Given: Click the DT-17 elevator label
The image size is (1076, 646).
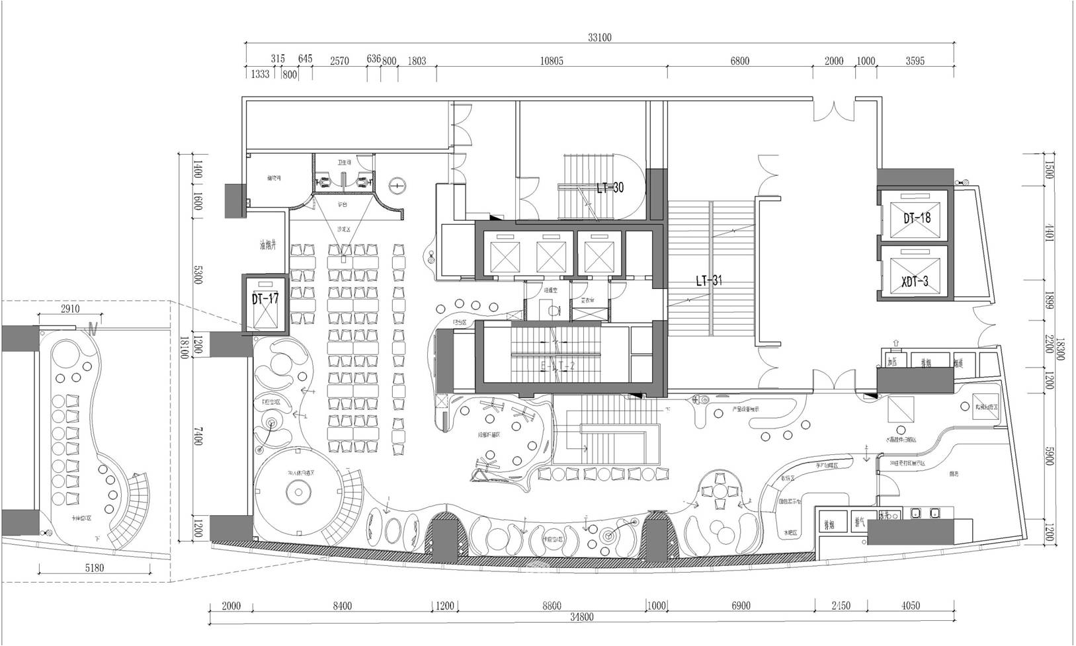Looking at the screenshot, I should point(265,299).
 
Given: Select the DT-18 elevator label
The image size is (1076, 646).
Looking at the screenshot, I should point(916,217).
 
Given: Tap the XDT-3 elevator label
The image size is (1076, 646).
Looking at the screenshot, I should point(915,281).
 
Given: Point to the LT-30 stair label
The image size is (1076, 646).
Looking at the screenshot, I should point(609,188).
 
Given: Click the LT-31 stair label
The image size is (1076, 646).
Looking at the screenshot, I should point(708,280).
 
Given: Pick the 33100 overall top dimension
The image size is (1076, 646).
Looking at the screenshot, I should point(599,38).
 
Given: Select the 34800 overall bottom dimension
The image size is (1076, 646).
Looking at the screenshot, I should point(582,618).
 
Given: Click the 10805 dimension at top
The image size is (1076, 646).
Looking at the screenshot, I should point(551,61).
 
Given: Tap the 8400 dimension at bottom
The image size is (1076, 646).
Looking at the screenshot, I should point(343,606).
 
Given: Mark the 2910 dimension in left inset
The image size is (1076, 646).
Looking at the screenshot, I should point(69,309).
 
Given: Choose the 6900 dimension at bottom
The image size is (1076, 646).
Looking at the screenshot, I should point(741,606).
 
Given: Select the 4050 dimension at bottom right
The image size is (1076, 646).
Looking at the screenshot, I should point(910,606).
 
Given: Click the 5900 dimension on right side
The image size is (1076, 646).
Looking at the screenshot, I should point(1048,448).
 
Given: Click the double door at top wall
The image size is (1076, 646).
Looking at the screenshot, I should point(835,110).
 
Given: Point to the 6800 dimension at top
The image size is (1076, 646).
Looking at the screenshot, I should point(739,61).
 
